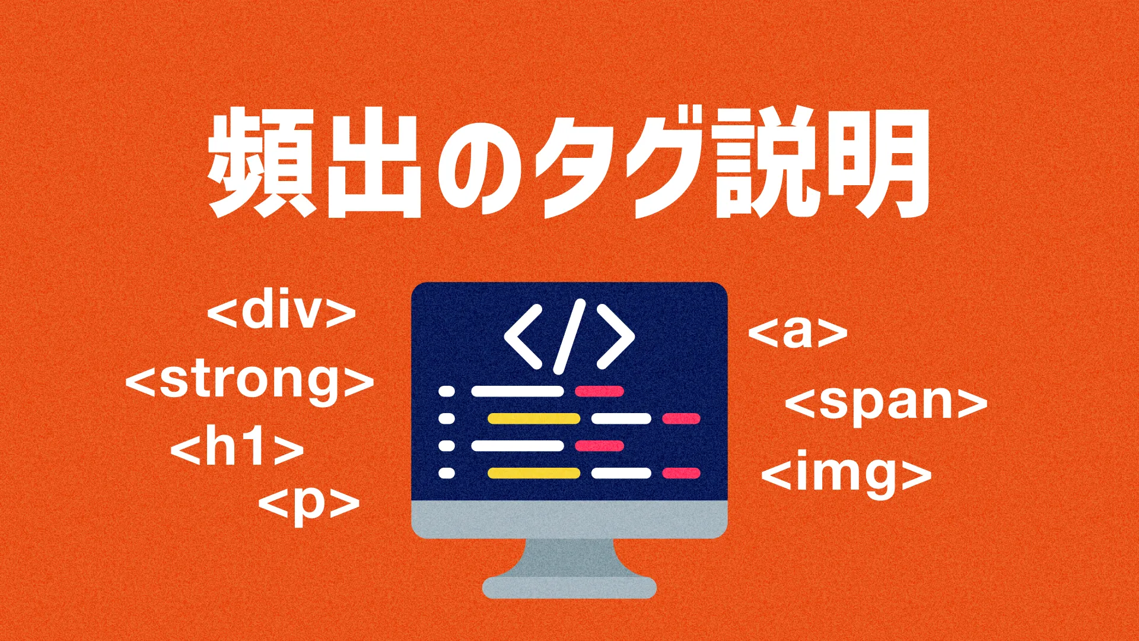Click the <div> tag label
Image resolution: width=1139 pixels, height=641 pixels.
pyautogui.click(x=282, y=312)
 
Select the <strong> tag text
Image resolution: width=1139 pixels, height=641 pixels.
pyautogui.click(x=250, y=382)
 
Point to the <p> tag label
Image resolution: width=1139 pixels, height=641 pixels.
pyautogui.click(x=309, y=504)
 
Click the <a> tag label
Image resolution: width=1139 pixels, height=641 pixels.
pyautogui.click(x=798, y=333)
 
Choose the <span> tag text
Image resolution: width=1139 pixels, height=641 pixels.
pyautogui.click(x=886, y=403)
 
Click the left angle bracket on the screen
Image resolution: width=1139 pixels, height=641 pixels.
pyautogui.click(x=522, y=337)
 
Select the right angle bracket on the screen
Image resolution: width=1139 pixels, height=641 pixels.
pyautogui.click(x=617, y=337)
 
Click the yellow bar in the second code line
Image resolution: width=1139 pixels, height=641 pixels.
pyautogui.click(x=533, y=419)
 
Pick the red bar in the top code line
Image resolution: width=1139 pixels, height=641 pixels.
pyautogui.click(x=599, y=391)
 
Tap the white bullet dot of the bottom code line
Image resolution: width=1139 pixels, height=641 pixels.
pyautogui.click(x=446, y=473)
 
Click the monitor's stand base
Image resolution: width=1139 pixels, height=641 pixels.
pyautogui.click(x=569, y=588)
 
